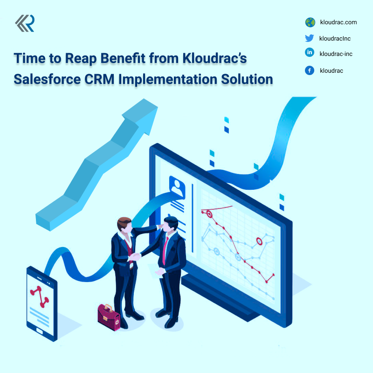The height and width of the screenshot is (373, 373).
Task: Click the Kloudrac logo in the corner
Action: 24,24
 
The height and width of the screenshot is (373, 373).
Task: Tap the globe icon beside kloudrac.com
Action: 310,22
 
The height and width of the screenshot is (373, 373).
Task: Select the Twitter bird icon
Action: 310,38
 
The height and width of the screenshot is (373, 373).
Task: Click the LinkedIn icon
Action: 310,53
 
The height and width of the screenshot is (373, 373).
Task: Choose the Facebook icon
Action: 310,70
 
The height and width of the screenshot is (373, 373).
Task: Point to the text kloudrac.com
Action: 338,22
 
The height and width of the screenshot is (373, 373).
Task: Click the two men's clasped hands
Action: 135,256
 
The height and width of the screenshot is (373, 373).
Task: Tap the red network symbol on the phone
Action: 40,294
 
